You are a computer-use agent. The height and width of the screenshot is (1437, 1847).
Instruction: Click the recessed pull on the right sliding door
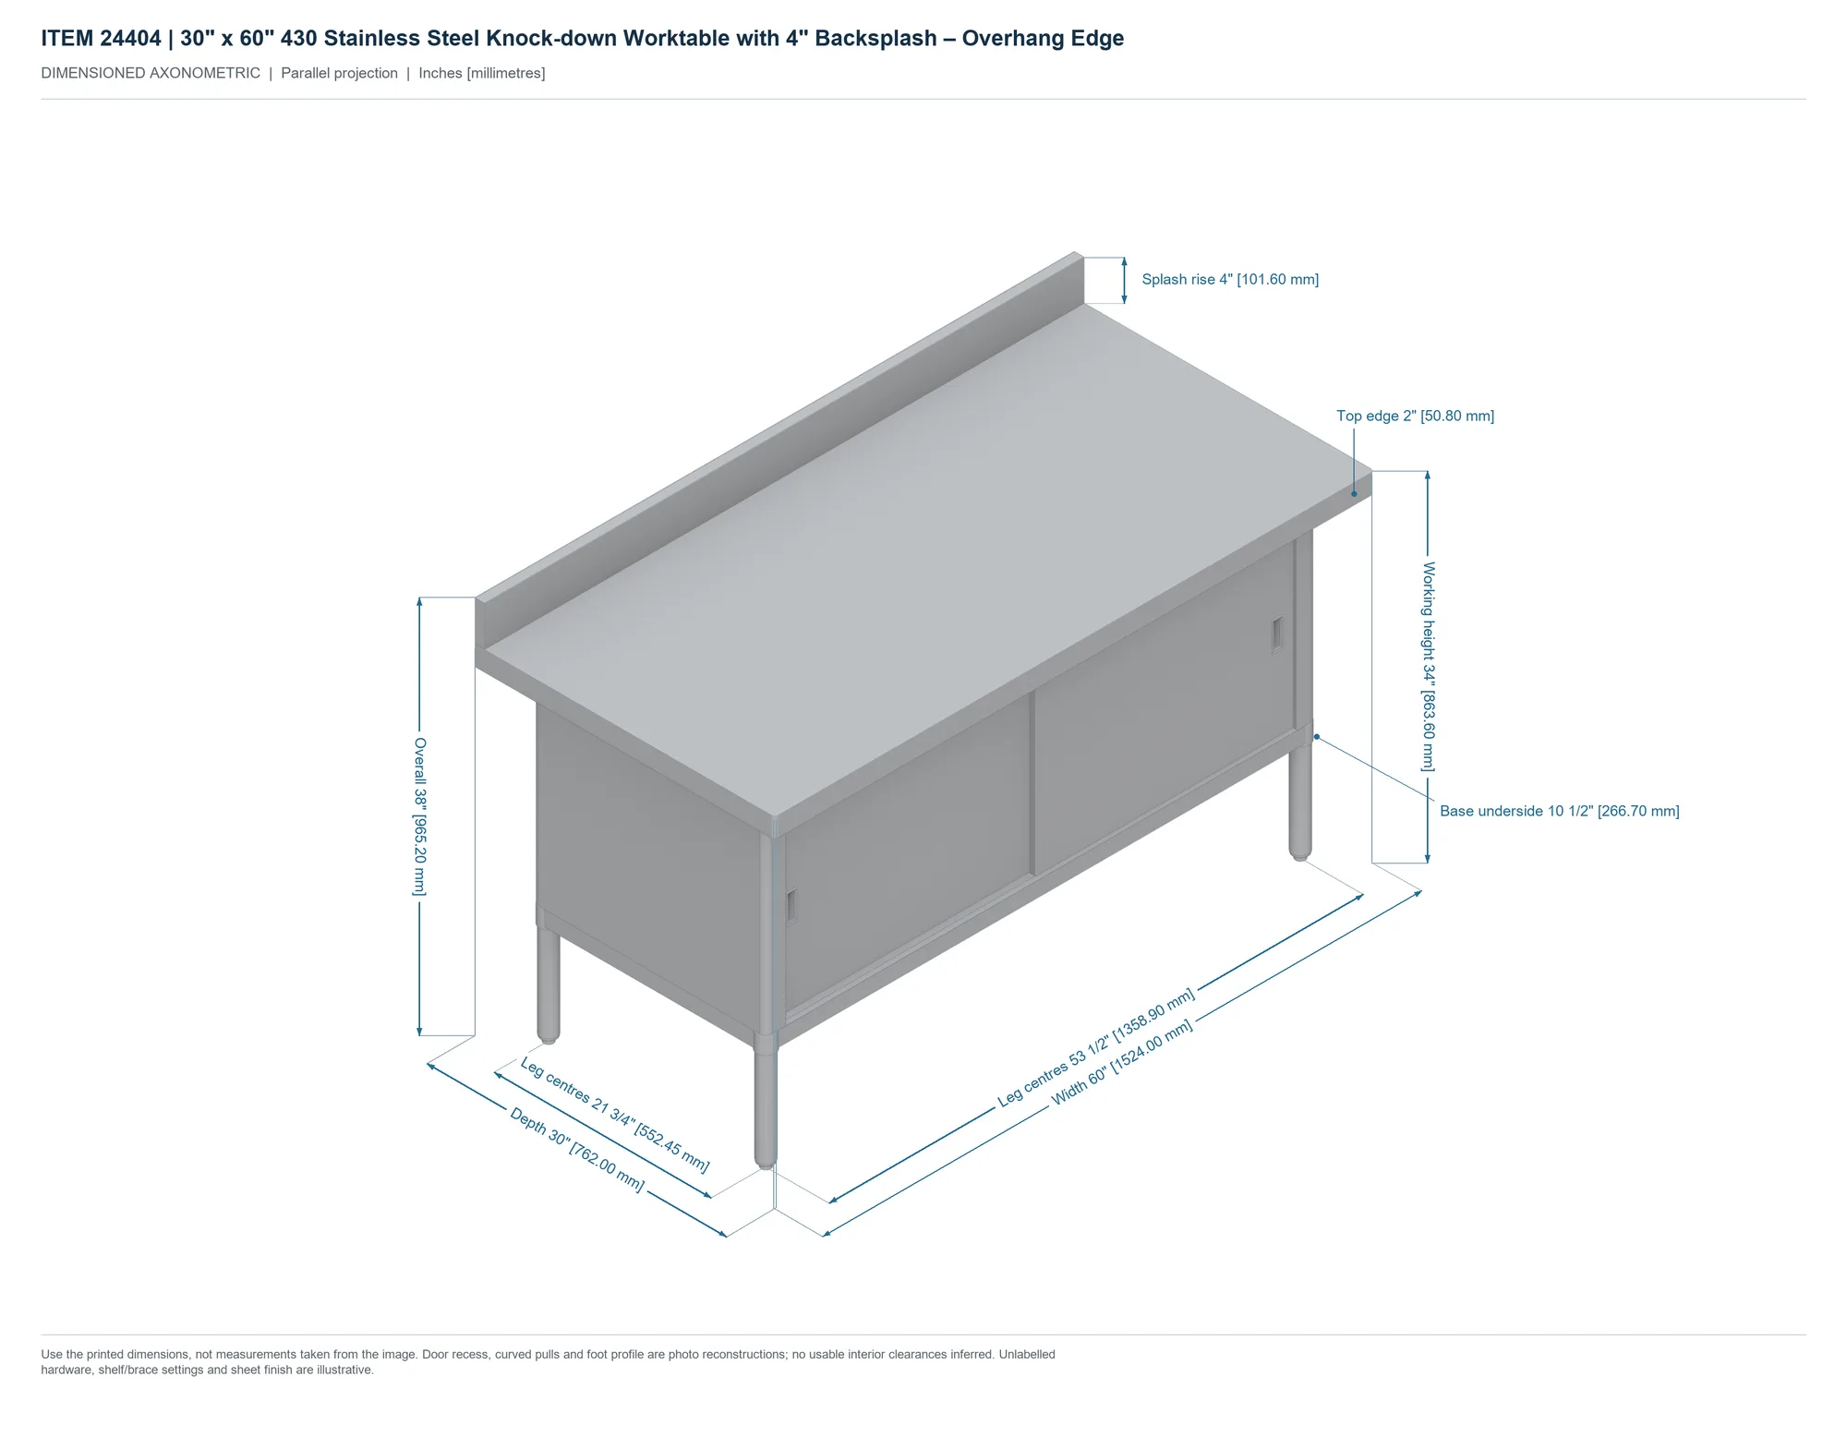[1277, 634]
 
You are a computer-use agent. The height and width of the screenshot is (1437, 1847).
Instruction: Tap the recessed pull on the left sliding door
[791, 906]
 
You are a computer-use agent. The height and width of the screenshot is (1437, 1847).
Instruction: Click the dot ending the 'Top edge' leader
[1354, 493]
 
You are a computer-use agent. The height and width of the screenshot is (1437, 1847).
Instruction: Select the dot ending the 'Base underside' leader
[1317, 736]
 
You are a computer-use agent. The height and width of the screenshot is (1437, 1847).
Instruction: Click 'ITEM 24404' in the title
[101, 39]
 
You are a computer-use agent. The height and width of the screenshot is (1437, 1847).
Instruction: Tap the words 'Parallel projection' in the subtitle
[339, 73]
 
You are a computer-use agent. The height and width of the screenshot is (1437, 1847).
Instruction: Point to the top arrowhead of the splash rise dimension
[1124, 262]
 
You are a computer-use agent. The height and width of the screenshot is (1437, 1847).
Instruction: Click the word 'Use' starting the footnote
[51, 1355]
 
